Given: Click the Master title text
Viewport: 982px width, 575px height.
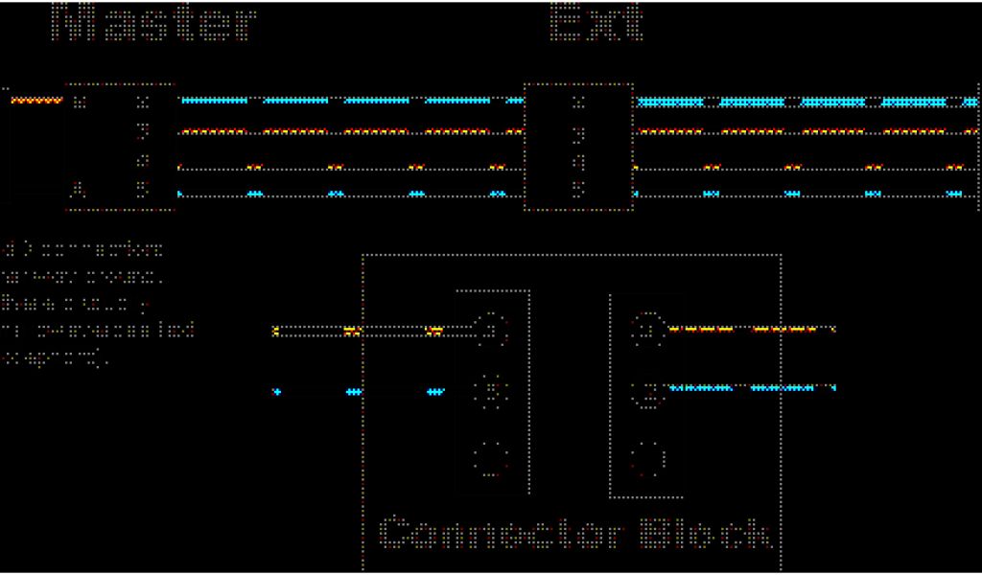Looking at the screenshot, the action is click(x=153, y=23).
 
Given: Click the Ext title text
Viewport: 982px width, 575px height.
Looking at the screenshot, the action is click(x=596, y=23).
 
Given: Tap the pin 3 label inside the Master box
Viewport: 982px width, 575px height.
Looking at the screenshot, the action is click(x=143, y=130).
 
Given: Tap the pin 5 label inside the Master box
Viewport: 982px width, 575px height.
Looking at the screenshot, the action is click(x=143, y=190).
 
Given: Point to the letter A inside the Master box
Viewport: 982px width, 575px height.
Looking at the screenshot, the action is click(x=80, y=190).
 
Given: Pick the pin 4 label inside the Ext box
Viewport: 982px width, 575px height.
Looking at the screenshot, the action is click(x=577, y=161).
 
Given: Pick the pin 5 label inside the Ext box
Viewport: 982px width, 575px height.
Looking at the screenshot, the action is click(x=577, y=190).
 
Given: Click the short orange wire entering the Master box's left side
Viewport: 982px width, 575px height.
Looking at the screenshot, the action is click(x=36, y=100).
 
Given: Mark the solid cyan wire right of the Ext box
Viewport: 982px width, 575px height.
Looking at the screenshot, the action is click(x=806, y=102).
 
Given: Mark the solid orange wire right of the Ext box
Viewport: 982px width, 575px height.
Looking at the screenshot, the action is click(x=806, y=131).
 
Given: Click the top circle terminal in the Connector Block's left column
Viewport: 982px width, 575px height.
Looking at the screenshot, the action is click(x=492, y=329).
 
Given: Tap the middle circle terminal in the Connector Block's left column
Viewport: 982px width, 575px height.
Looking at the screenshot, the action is click(x=492, y=392).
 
